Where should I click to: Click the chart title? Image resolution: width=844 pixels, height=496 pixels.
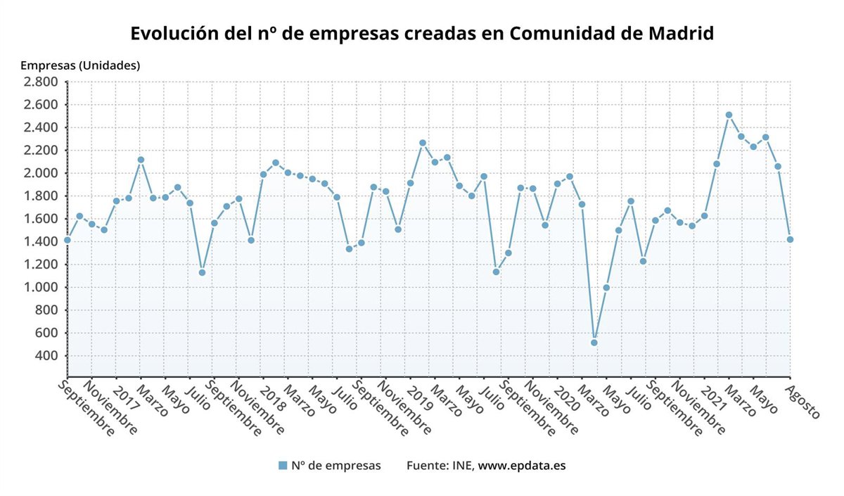point(422,34)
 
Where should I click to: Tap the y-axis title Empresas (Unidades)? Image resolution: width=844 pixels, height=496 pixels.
point(80,65)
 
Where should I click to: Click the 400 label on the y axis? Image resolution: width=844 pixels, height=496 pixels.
point(46,356)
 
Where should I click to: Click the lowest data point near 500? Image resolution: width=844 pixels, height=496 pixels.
point(594,343)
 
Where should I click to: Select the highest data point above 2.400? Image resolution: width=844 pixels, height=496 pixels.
point(729,115)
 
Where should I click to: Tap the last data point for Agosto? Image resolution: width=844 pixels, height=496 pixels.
point(790,239)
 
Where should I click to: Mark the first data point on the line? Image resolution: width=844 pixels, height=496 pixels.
point(68,240)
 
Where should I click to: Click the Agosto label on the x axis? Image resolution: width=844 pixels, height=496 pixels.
point(803,402)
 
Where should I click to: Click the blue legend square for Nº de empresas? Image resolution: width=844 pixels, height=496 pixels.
point(283,465)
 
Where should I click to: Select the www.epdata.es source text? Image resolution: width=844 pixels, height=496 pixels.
point(522,465)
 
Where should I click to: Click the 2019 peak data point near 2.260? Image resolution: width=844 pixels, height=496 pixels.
point(423,143)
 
